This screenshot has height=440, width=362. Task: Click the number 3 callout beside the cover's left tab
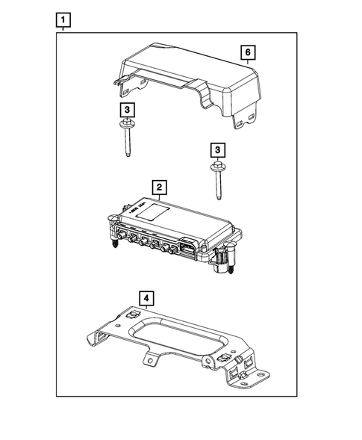[x=129, y=110]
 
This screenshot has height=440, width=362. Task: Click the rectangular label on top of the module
[x=159, y=211]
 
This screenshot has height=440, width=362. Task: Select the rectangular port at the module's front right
[x=184, y=247]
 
